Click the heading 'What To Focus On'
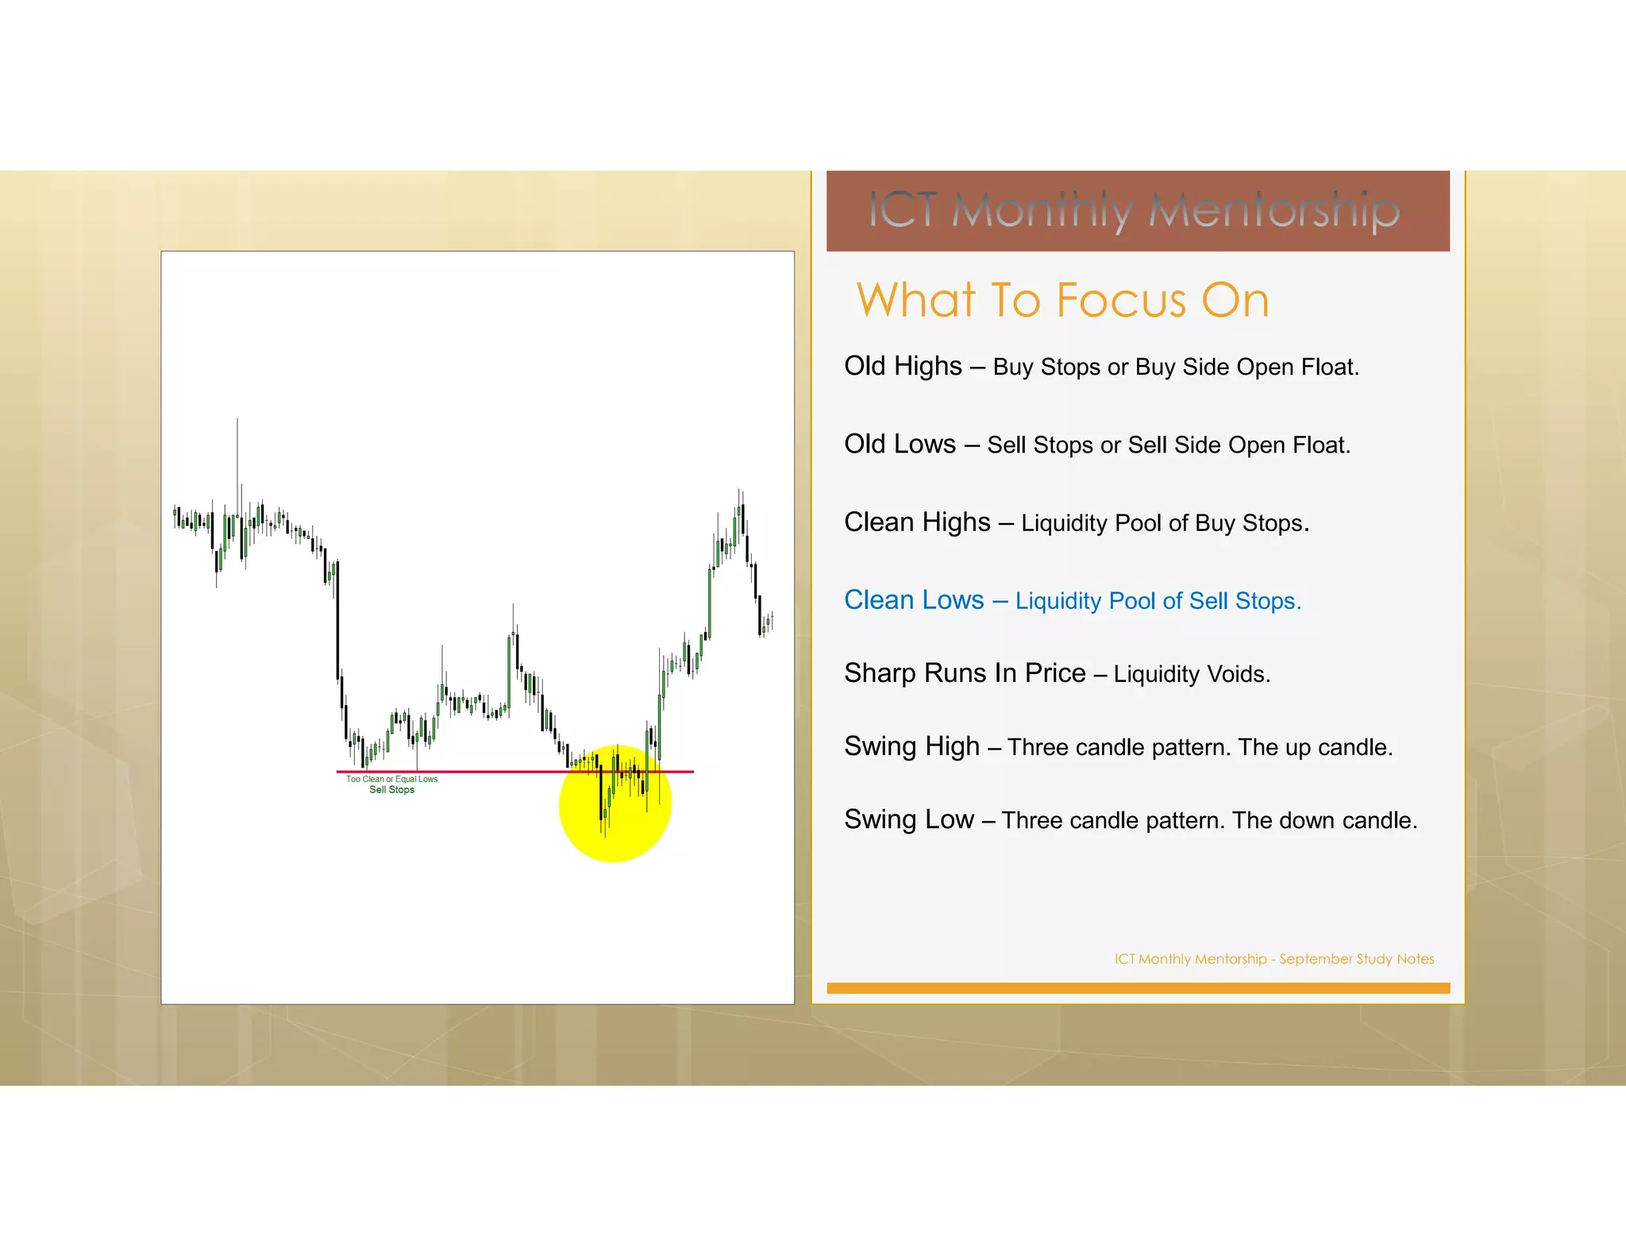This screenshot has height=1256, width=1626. pyautogui.click(x=1062, y=300)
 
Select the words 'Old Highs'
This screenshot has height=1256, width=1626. pyautogui.click(x=903, y=366)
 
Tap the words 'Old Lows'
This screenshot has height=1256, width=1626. pyautogui.click(x=900, y=444)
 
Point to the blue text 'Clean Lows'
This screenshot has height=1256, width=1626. pyautogui.click(x=914, y=600)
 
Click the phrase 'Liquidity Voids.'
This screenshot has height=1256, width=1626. pyautogui.click(x=1192, y=674)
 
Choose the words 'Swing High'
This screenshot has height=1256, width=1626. pyautogui.click(x=911, y=746)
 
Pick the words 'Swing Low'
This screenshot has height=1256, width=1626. pyautogui.click(x=908, y=819)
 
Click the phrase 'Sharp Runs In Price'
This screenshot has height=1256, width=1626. pyautogui.click(x=965, y=673)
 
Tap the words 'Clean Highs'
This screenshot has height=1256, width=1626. pyautogui.click(x=917, y=522)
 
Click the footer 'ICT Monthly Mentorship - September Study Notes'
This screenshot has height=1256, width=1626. pyautogui.click(x=1273, y=959)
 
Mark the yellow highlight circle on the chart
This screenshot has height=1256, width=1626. pyautogui.click(x=615, y=826)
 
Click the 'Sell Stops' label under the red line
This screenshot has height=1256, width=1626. pyautogui.click(x=391, y=790)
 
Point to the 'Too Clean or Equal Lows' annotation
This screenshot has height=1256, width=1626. pyautogui.click(x=391, y=779)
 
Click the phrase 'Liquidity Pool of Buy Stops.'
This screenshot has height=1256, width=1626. pyautogui.click(x=1165, y=523)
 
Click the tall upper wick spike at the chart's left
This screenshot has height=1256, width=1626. pyautogui.click(x=237, y=453)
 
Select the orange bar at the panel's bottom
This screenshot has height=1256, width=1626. pyautogui.click(x=1138, y=988)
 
